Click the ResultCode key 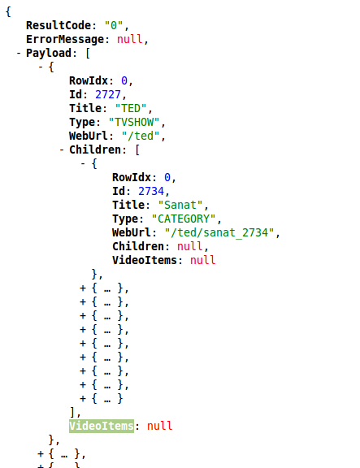[x=59, y=26]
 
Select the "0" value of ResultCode [x=114, y=26]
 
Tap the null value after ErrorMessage [x=129, y=39]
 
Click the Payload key [x=49, y=54]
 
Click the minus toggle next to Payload [x=19, y=54]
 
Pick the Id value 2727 [x=108, y=94]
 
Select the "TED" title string [x=131, y=108]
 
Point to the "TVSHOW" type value [x=134, y=123]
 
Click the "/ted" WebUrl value [x=141, y=136]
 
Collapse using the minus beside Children [x=62, y=149]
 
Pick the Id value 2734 [x=151, y=191]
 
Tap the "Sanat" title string [x=180, y=205]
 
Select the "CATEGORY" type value [x=184, y=219]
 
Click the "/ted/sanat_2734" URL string [x=219, y=233]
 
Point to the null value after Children [x=190, y=246]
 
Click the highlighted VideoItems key [x=102, y=426]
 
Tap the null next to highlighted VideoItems [x=160, y=426]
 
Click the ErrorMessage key [x=65, y=39]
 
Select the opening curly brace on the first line [x=8, y=12]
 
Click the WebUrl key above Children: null [x=132, y=233]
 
